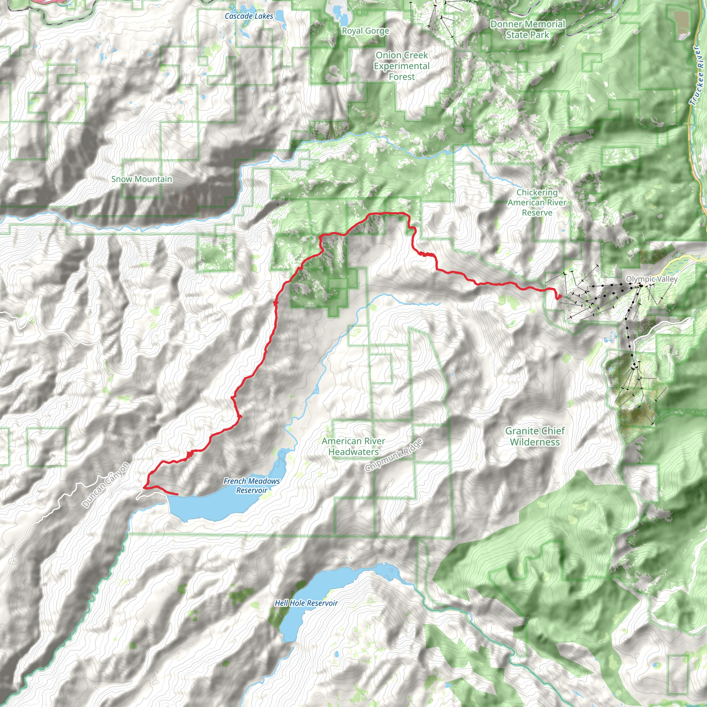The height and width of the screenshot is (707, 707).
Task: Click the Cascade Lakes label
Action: [x=249, y=16]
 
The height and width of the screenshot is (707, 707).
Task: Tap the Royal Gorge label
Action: [x=365, y=31]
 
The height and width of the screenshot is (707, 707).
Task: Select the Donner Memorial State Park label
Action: [x=528, y=29]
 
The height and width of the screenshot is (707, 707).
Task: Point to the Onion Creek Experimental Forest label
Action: [x=401, y=66]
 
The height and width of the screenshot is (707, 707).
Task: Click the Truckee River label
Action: [x=697, y=76]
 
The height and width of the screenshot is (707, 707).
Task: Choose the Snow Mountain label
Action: [x=142, y=179]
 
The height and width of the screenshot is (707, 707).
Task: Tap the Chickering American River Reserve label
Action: [x=537, y=202]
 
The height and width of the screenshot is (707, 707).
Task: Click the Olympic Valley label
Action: [x=652, y=279]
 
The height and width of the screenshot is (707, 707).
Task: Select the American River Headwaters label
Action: [x=353, y=446]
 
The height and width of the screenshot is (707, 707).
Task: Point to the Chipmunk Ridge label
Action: [x=394, y=455]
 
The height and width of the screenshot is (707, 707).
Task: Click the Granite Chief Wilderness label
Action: [x=535, y=436]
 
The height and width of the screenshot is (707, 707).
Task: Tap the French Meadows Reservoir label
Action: [x=252, y=486]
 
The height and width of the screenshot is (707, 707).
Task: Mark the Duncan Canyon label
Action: [x=106, y=485]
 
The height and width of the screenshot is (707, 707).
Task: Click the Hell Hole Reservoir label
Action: [x=306, y=603]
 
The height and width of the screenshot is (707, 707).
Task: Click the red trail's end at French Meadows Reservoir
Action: [x=177, y=494]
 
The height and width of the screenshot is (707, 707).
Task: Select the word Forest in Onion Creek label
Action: [x=402, y=77]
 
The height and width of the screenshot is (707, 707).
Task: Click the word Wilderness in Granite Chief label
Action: [x=535, y=442]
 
